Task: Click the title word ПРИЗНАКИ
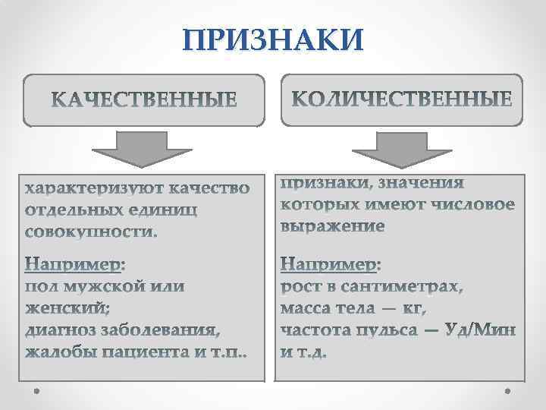pos(273,40)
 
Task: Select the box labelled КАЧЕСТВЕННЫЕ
pos(143,99)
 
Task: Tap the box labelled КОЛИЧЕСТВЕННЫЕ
pos(402,99)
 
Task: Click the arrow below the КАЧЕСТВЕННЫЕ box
pos(143,148)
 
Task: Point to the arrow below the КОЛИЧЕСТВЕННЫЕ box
pos(402,148)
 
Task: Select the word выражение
pos(333,226)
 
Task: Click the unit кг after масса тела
pos(414,309)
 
